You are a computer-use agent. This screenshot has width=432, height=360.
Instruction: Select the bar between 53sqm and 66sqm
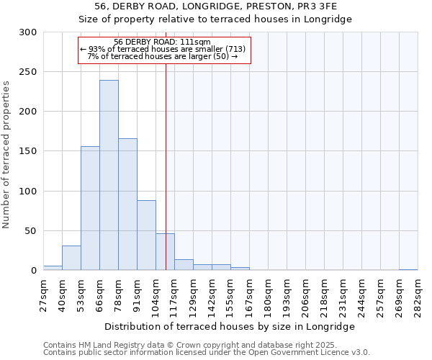[x=90, y=208]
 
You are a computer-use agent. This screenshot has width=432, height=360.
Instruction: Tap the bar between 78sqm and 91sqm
[x=127, y=204]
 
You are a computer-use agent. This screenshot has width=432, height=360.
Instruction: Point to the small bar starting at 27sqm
[x=53, y=268]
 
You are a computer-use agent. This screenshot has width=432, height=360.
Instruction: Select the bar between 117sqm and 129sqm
[x=184, y=265]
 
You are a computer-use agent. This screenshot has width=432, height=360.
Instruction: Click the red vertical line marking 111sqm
[x=166, y=144]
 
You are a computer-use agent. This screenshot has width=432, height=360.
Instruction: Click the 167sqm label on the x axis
[x=249, y=294]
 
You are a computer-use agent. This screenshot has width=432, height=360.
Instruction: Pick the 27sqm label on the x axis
[x=43, y=294]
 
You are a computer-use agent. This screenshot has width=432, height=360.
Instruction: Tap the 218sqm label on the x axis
[x=324, y=294]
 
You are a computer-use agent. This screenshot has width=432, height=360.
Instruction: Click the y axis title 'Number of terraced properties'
[x=7, y=155]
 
